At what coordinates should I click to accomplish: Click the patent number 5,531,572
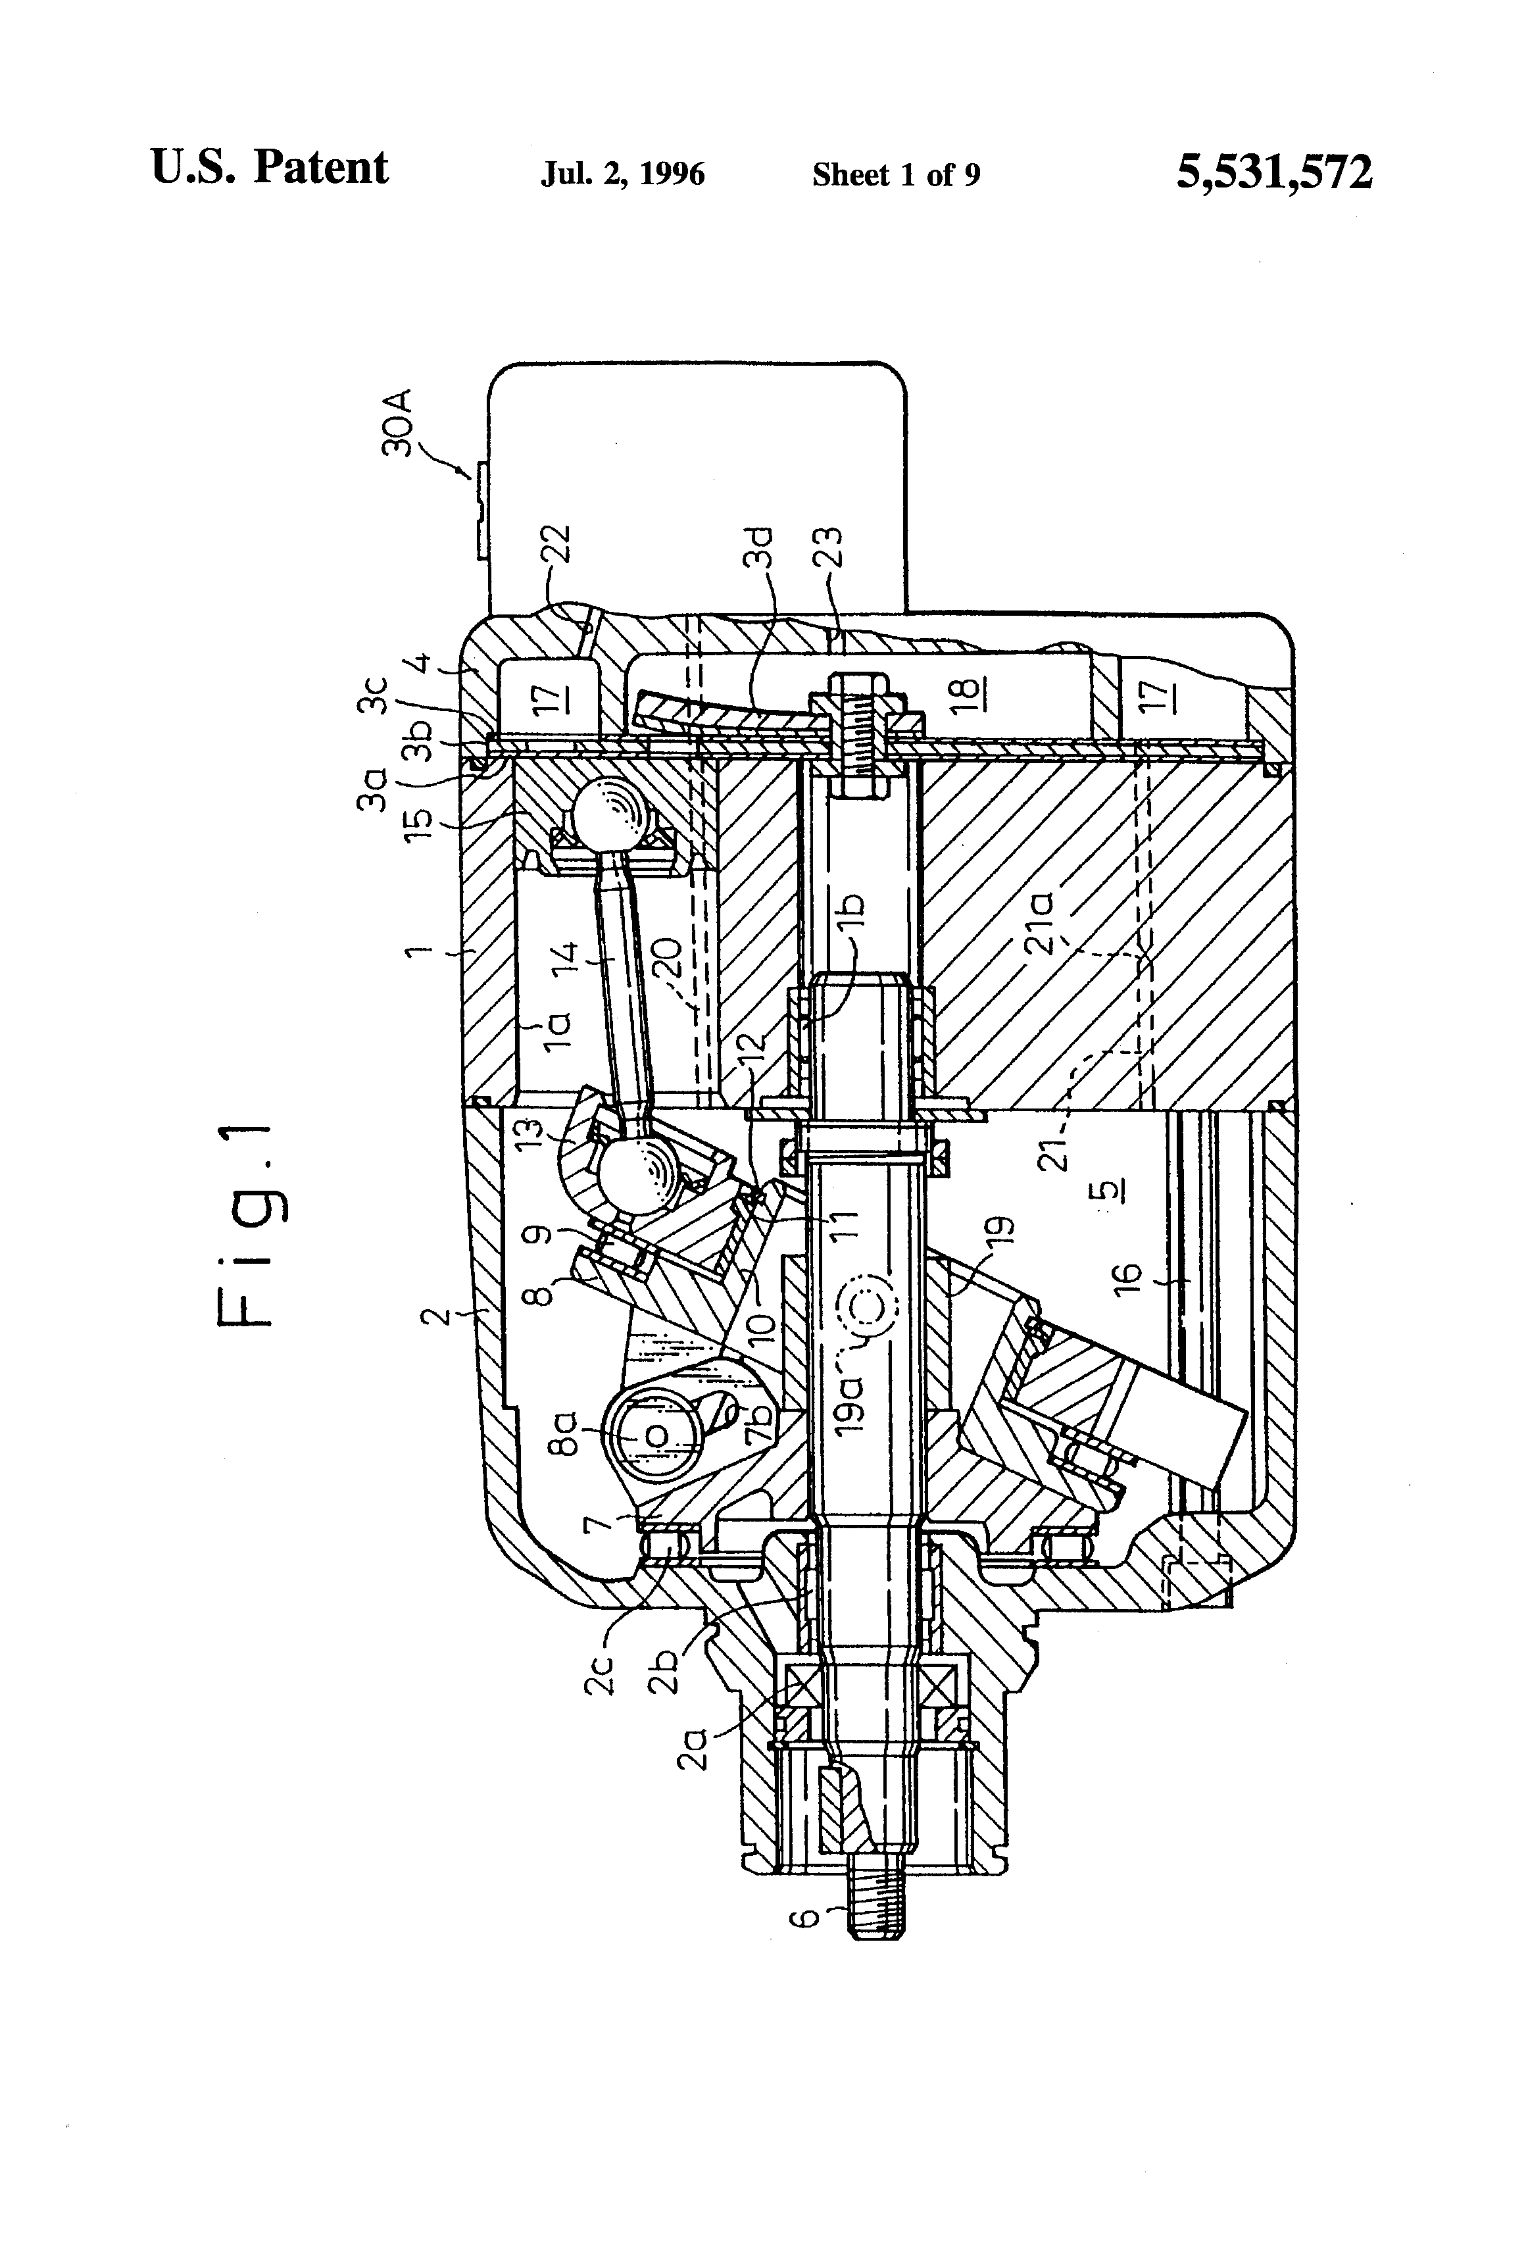click(1273, 174)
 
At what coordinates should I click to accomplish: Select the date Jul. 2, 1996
click(622, 174)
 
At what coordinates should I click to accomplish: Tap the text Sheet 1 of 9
click(895, 174)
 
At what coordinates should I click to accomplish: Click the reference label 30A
click(397, 422)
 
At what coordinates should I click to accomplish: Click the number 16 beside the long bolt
click(1127, 1276)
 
